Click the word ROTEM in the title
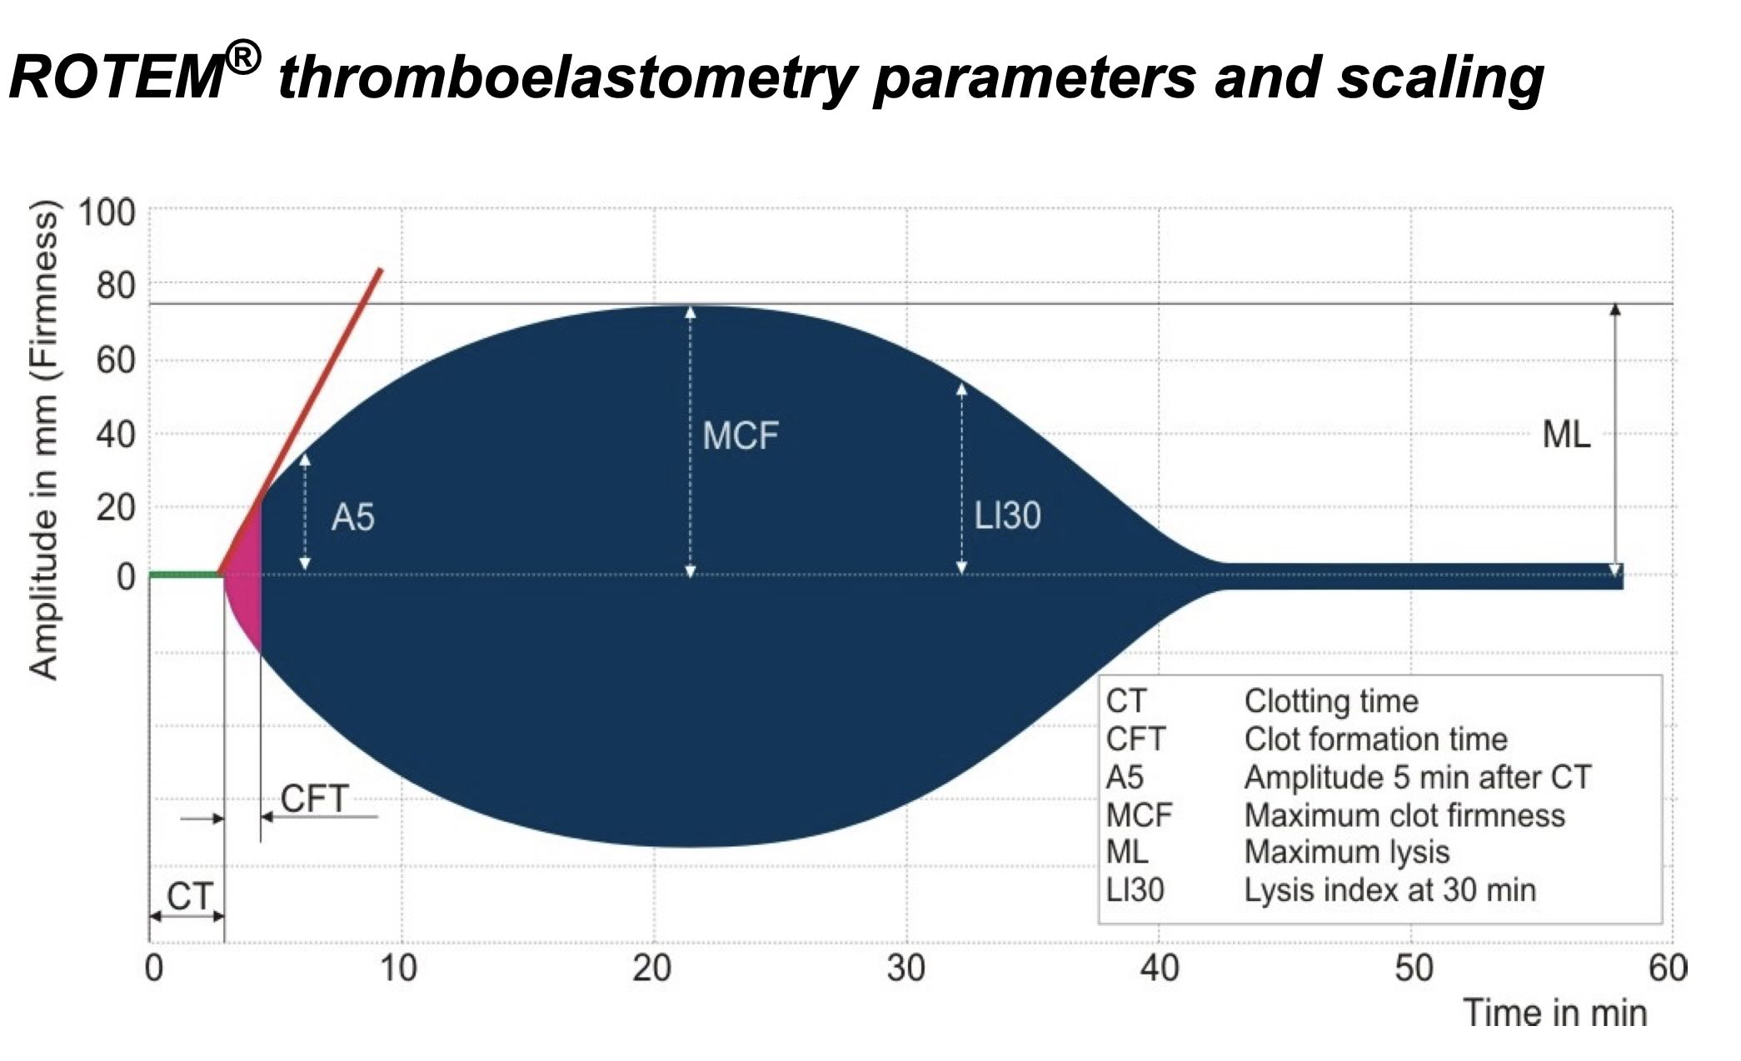117,79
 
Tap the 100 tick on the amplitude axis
107,213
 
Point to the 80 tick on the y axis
115,286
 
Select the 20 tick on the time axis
652,969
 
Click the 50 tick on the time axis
1414,969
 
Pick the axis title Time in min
1554,1014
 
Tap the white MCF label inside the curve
740,436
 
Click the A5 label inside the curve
352,518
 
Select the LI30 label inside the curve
1007,516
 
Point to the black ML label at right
1566,435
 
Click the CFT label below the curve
313,799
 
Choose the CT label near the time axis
189,896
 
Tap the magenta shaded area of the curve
245,583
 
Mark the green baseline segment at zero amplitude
183,574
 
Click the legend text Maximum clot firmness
1404,815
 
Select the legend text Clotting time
1330,701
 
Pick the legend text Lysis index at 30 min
1389,890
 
